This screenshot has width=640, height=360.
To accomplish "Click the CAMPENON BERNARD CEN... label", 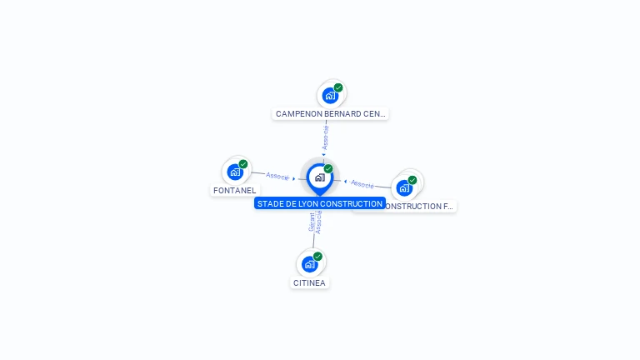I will (x=331, y=113).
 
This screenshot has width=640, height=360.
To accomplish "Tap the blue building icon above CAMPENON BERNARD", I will (x=331, y=96).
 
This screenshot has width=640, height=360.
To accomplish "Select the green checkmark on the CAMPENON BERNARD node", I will (x=338, y=87).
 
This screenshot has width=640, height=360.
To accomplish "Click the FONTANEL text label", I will (x=235, y=190).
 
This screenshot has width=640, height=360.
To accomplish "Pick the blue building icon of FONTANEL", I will (x=236, y=172).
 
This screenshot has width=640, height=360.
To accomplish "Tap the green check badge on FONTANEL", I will (x=243, y=164).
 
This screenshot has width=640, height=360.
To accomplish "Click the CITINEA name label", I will (x=309, y=282).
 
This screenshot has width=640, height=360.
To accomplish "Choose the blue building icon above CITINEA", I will (x=310, y=265).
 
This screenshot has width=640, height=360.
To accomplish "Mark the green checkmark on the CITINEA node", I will (x=317, y=257).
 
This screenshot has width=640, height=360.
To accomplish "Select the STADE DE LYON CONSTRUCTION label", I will (x=320, y=203).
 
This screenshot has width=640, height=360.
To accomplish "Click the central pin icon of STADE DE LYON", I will (x=319, y=177).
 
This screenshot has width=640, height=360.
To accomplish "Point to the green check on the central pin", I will (x=328, y=168).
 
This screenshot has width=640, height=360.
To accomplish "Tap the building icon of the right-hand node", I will (x=405, y=187).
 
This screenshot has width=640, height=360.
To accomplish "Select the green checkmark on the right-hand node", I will (x=412, y=180).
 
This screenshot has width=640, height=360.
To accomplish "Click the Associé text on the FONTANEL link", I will (x=277, y=176).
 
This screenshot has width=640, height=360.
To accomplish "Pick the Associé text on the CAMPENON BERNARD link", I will (x=326, y=137).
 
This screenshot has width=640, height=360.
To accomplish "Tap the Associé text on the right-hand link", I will (x=362, y=183).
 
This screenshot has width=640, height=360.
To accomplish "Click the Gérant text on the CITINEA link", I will (x=312, y=222).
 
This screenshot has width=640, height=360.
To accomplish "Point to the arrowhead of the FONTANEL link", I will (x=294, y=178).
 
